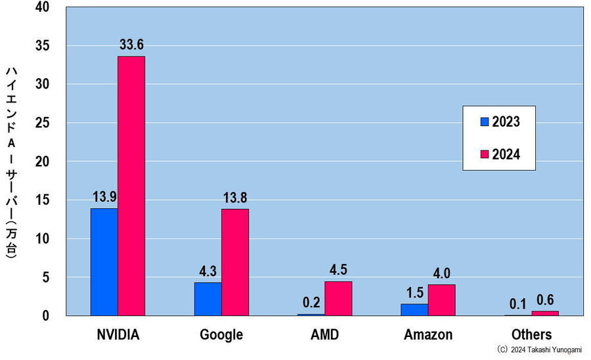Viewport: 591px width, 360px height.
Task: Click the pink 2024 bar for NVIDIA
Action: pyautogui.click(x=131, y=186)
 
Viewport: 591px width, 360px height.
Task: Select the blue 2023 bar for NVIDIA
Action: pyautogui.click(x=104, y=262)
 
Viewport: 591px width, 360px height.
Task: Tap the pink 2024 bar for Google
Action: pyautogui.click(x=235, y=262)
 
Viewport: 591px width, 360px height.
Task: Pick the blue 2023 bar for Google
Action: pyautogui.click(x=208, y=299)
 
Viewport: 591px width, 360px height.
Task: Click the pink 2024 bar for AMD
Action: pyautogui.click(x=338, y=298)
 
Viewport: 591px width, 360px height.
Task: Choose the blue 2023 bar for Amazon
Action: pyautogui.click(x=414, y=309)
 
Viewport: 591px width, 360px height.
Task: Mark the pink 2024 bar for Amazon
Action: pyautogui.click(x=441, y=300)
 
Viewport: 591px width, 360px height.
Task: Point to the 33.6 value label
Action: pyautogui.click(x=131, y=45)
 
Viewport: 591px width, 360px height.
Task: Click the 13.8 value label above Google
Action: pyautogui.click(x=235, y=198)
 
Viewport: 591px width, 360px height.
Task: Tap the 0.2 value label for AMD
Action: pyautogui.click(x=311, y=303)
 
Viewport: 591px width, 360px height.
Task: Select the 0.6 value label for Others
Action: pyautogui.click(x=544, y=300)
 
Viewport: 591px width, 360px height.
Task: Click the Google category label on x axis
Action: pyautogui.click(x=221, y=334)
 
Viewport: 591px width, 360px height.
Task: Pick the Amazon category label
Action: pyautogui.click(x=428, y=334)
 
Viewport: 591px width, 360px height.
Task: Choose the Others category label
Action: pyautogui.click(x=532, y=334)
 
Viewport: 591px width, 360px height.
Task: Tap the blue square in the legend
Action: pyautogui.click(x=485, y=122)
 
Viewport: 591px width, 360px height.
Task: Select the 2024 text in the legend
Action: pyautogui.click(x=506, y=154)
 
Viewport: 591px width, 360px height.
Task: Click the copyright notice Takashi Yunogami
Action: pyautogui.click(x=538, y=350)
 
